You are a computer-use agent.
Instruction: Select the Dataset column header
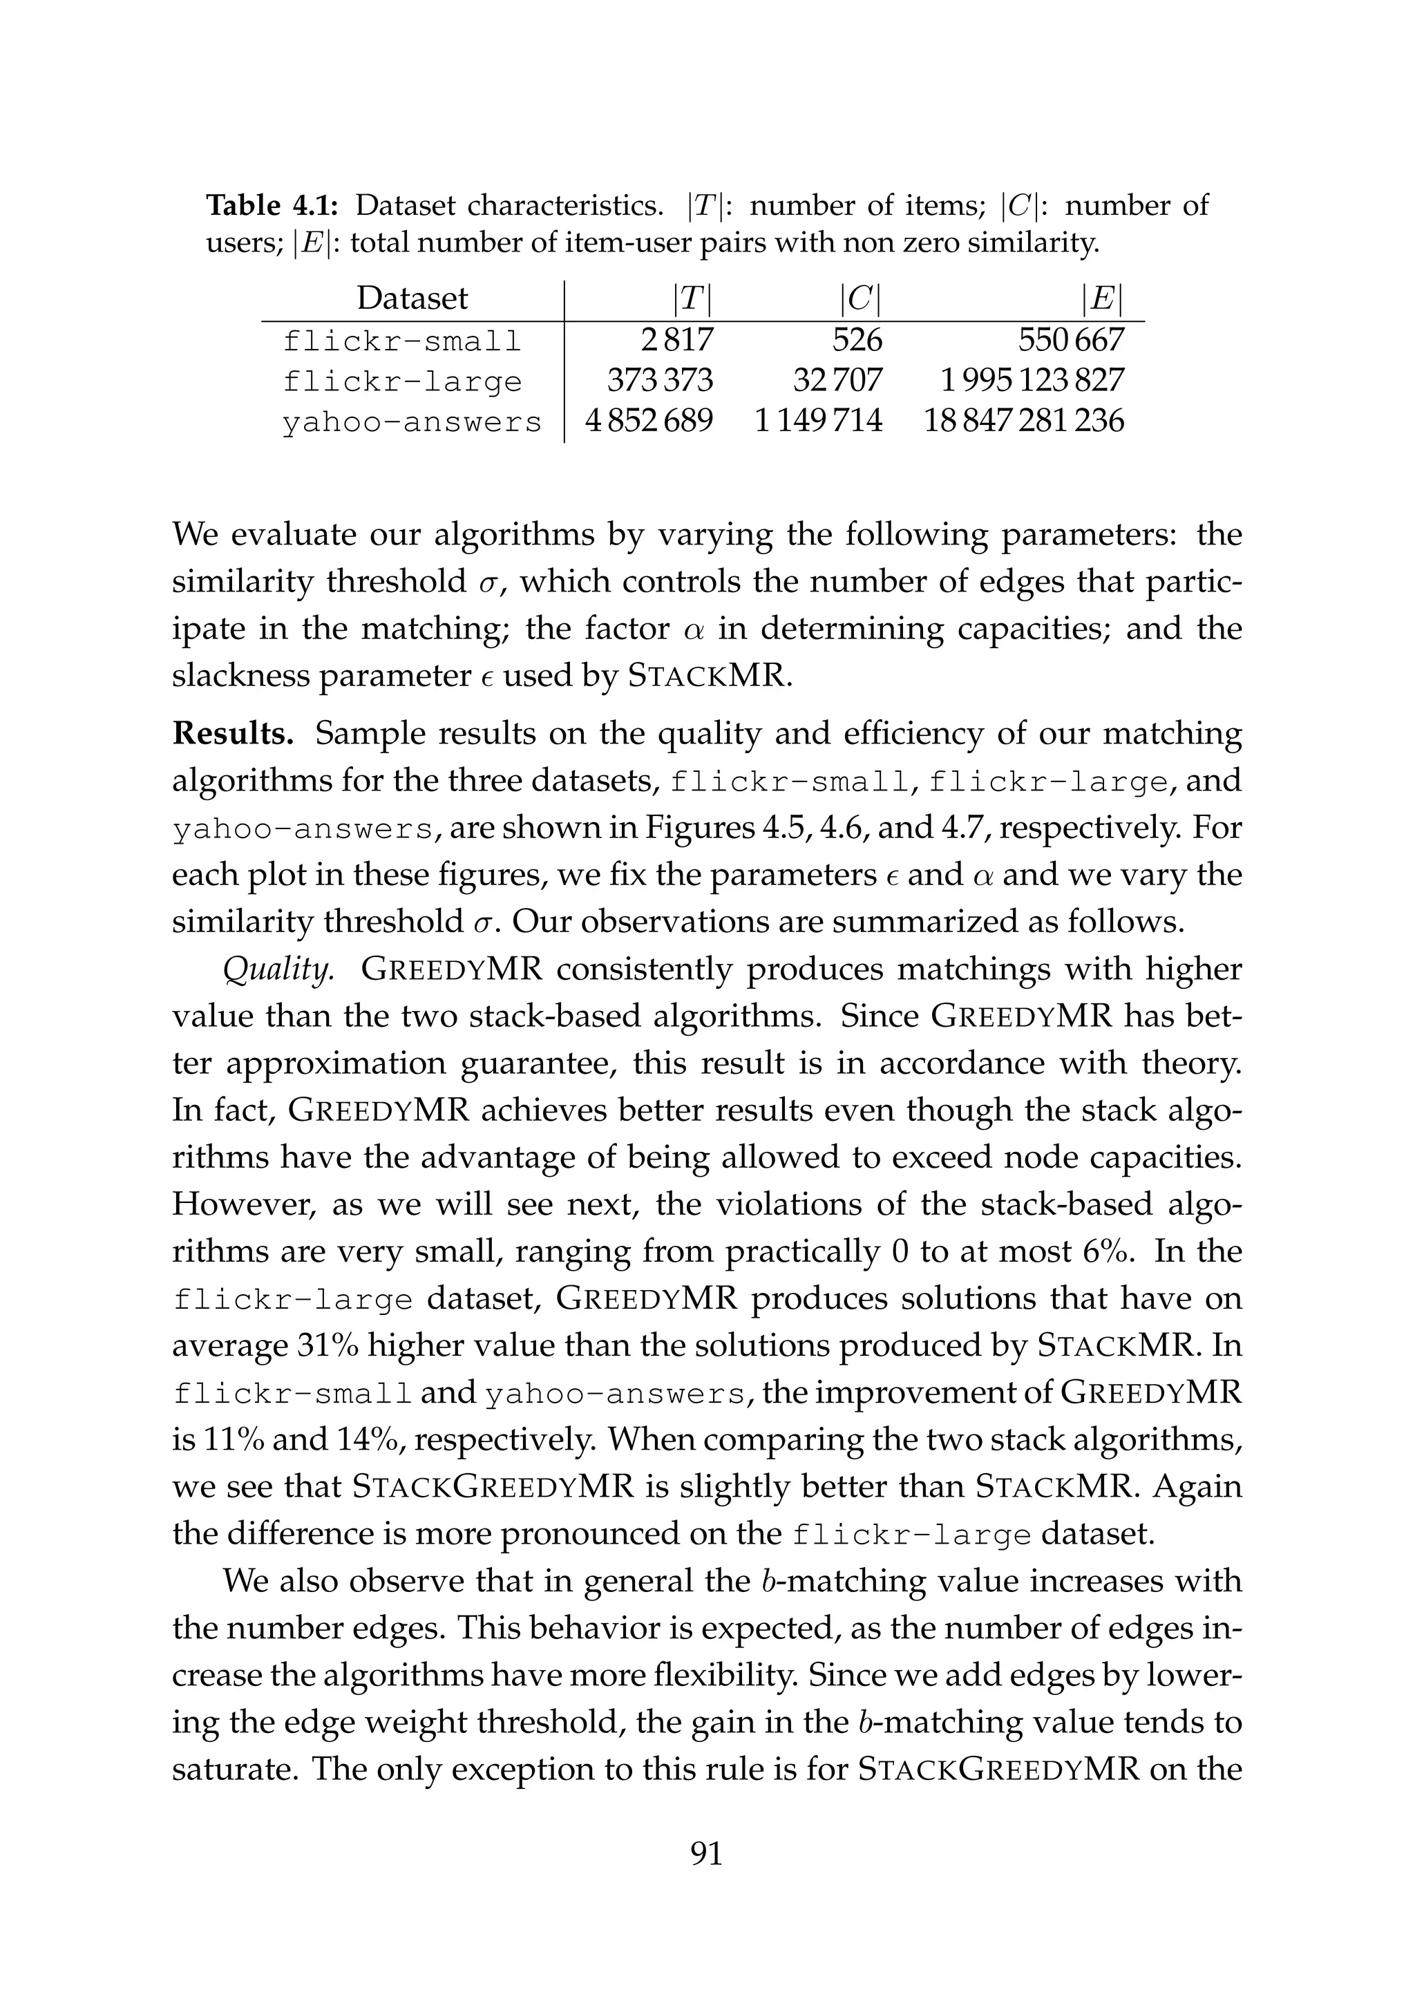[x=412, y=299]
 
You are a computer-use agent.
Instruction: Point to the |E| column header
[x=1101, y=299]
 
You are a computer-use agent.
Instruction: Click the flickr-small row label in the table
[x=402, y=340]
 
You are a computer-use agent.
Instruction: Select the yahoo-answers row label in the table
[x=412, y=422]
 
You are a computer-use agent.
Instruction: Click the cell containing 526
[x=857, y=340]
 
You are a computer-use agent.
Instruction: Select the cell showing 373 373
[x=661, y=381]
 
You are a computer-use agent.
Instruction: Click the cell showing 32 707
[x=838, y=381]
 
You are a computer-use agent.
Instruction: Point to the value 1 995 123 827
[x=1032, y=381]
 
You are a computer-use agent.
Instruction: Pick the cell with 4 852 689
[x=649, y=421]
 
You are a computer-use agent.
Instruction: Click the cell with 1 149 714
[x=819, y=421]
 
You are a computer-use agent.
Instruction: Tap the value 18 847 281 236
[x=1024, y=421]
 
